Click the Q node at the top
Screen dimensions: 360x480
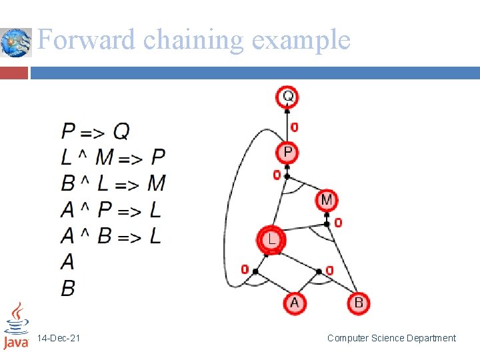tap(287, 97)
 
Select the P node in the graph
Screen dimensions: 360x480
tap(287, 153)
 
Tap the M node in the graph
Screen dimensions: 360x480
tap(327, 199)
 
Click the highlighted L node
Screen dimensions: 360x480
tap(272, 239)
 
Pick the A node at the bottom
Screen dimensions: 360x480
tap(294, 303)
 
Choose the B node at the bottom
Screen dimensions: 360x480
tap(358, 303)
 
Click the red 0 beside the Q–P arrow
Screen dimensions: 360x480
tap(295, 127)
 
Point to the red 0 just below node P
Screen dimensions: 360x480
tap(277, 175)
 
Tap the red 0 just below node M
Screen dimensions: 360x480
tap(338, 222)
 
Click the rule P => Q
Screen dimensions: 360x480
tap(95, 131)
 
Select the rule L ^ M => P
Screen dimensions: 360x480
tap(113, 157)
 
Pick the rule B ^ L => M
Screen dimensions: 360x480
tap(113, 183)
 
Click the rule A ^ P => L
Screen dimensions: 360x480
tap(111, 210)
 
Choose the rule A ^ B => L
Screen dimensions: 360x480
tap(111, 236)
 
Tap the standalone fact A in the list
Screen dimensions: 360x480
tap(67, 262)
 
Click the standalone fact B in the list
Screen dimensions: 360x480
tap(68, 288)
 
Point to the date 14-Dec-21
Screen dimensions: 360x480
tap(59, 339)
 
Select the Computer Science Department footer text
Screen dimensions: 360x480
tap(391, 339)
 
